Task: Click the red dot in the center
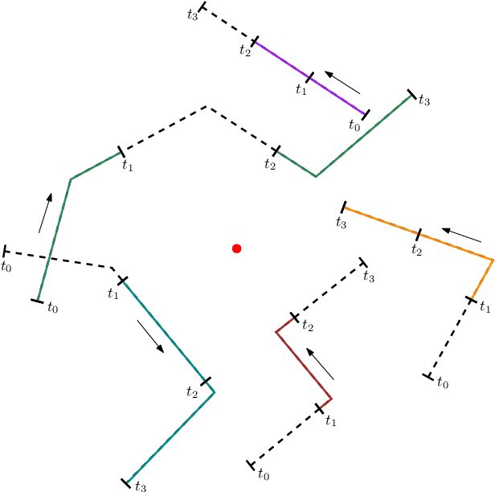click(236, 248)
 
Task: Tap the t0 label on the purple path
click(355, 125)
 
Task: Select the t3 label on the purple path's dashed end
click(191, 15)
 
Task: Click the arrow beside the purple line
click(342, 82)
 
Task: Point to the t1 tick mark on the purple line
click(309, 77)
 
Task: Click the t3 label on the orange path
click(341, 221)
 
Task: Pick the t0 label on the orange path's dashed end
click(442, 383)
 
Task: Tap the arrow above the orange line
click(461, 236)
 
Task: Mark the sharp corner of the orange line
click(492, 259)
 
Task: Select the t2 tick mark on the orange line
click(418, 235)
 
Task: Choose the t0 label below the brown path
click(263, 474)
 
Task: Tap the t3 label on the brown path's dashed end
click(369, 277)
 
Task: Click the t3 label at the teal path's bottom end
click(140, 486)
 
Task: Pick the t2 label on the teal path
click(192, 392)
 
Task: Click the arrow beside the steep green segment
click(46, 212)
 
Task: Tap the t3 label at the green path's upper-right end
click(424, 101)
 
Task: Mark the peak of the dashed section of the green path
click(207, 106)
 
